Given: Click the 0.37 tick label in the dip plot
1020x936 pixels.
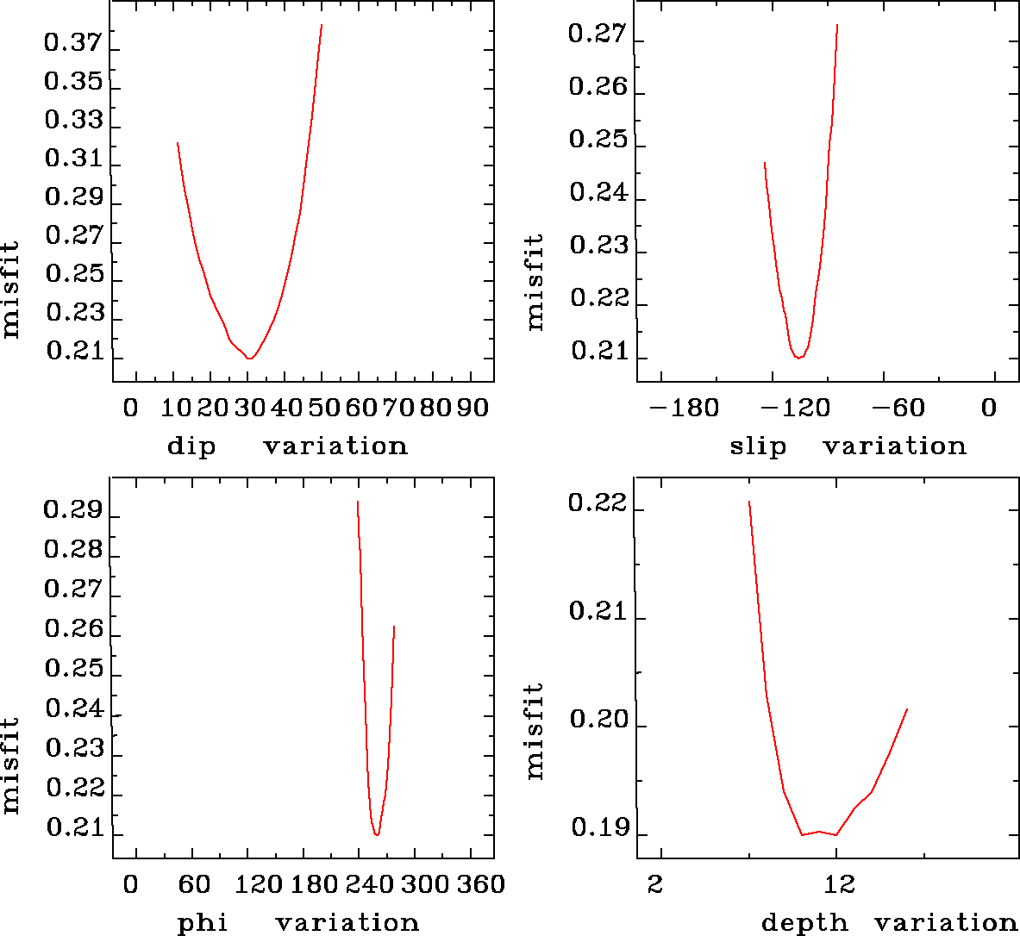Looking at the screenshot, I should [x=73, y=43].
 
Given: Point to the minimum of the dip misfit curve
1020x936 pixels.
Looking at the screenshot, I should [x=249, y=358].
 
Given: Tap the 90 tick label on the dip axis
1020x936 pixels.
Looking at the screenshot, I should [x=472, y=408].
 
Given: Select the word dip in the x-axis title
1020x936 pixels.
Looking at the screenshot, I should [x=191, y=447].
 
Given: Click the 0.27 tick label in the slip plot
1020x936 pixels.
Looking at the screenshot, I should [x=598, y=34].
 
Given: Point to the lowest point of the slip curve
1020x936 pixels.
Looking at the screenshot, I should [x=798, y=357].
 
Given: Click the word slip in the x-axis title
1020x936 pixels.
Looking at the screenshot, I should [x=758, y=447].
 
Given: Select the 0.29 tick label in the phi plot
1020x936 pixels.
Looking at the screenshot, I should [x=73, y=511].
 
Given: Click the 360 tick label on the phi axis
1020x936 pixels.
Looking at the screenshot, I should [x=479, y=884].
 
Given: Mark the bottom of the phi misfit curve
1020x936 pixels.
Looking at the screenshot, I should [x=377, y=834].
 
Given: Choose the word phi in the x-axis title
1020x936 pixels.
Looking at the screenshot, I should [x=203, y=923].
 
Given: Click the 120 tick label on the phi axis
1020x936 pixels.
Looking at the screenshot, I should [x=259, y=884].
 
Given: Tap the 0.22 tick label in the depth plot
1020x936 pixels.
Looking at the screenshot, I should [x=598, y=502].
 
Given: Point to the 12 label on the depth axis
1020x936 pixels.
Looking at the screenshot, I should [x=839, y=884].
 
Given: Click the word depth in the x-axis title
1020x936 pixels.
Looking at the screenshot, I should [x=804, y=923].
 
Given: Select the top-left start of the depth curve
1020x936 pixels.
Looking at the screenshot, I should [x=748, y=501].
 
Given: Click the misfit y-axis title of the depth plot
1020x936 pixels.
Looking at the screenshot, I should [x=535, y=731].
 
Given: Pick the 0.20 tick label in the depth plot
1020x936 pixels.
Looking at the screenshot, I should [x=598, y=720].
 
